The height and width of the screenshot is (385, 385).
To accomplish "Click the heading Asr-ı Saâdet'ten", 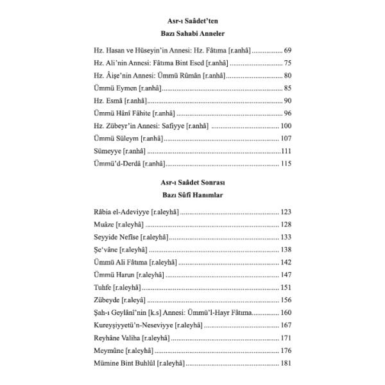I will (193, 20).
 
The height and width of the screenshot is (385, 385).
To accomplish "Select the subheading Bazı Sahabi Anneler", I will (193, 32).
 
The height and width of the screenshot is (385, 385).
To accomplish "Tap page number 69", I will (287, 50).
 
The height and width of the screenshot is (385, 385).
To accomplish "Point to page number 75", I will (287, 63).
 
